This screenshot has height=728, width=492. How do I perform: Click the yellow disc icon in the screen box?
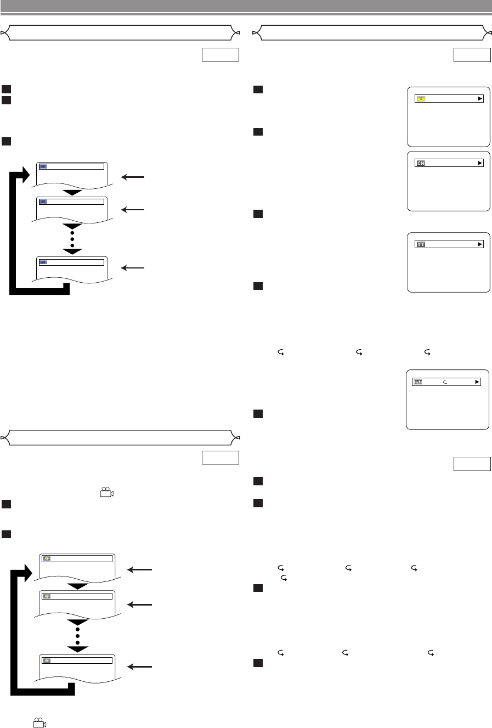coord(421,99)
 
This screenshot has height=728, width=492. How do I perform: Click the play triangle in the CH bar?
coord(480,163)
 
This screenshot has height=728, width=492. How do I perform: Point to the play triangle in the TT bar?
coord(480,244)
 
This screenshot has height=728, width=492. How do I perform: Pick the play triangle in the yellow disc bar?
coord(480,99)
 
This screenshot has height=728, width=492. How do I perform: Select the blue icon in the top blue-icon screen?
coord(43,166)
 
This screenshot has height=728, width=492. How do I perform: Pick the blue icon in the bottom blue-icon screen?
coord(43,262)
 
